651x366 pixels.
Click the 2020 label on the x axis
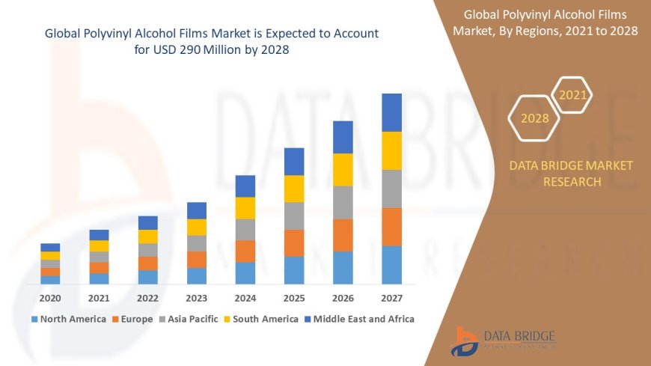point(50,298)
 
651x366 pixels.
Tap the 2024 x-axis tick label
point(245,298)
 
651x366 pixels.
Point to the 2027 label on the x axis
point(391,298)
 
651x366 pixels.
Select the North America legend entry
point(68,319)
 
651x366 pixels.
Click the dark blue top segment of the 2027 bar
point(391,112)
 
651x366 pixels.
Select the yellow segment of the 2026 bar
point(343,169)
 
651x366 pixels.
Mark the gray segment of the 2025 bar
point(294,216)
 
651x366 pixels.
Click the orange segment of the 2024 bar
point(245,251)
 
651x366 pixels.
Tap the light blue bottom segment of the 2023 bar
point(197,275)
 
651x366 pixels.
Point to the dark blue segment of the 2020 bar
point(50,247)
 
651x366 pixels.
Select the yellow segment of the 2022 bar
point(148,237)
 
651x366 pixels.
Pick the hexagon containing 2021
point(573,95)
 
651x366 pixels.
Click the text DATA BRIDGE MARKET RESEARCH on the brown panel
point(571,174)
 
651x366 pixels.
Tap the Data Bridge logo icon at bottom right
point(465,341)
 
